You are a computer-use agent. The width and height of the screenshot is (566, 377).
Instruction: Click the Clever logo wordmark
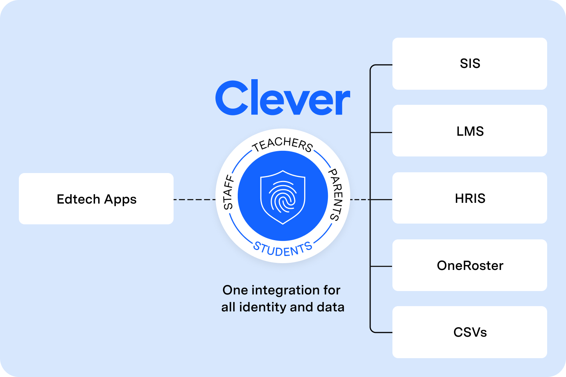283,98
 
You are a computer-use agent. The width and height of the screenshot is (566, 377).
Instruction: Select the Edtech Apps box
96,199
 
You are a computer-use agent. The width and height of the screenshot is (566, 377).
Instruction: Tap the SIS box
469,63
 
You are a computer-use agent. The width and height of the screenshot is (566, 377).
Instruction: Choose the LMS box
469,131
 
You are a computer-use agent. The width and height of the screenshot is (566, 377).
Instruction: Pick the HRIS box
469,198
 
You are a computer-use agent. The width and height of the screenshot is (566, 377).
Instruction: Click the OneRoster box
469,265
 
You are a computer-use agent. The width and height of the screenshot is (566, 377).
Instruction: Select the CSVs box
469,332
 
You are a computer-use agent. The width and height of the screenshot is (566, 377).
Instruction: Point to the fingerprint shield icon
283,197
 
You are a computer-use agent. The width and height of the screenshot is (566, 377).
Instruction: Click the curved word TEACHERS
283,144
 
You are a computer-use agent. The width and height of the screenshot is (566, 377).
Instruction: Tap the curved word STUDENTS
283,249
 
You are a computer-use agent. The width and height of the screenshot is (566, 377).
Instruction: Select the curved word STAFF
229,192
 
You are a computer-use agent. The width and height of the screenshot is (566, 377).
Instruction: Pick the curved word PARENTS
335,195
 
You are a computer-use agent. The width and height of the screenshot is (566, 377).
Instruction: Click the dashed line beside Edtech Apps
194,199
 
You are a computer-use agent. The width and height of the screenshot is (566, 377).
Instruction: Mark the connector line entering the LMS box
381,132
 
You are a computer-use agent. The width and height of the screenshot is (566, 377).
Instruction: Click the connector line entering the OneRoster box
381,267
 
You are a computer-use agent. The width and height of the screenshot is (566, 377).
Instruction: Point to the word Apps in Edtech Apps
120,199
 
